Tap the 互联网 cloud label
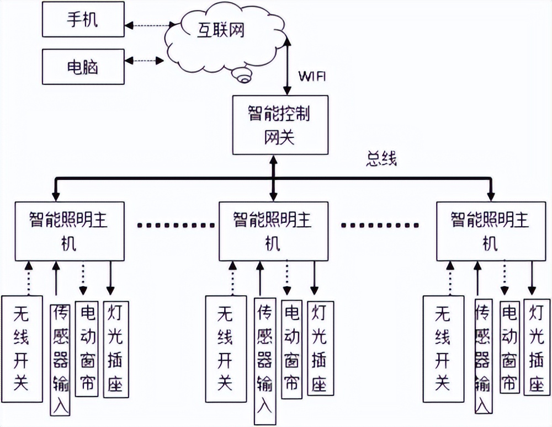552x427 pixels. [x=221, y=31]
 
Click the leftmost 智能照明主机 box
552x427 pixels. [x=68, y=231]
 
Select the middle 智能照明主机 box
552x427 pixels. [x=273, y=231]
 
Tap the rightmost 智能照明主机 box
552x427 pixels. [x=490, y=231]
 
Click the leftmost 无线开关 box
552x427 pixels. [x=22, y=348]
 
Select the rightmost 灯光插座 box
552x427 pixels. [x=535, y=348]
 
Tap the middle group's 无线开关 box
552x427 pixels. [x=225, y=348]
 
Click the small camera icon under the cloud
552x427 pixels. [x=243, y=75]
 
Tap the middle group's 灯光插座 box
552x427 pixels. [x=318, y=348]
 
